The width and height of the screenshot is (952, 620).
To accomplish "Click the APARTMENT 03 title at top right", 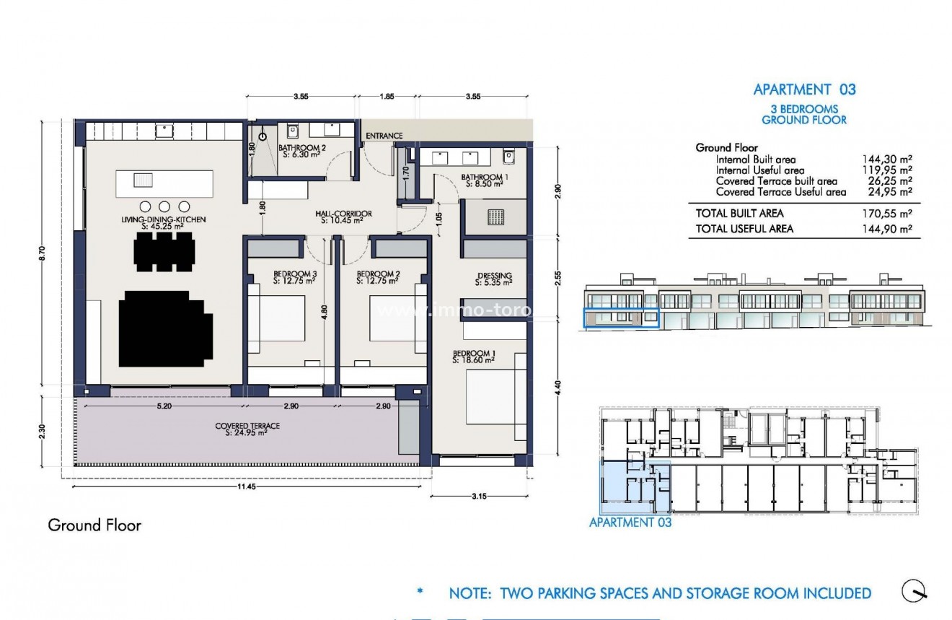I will click(804, 89).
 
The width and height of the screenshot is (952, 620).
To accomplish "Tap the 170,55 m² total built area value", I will click(887, 214).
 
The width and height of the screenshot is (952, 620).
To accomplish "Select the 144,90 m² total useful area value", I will click(887, 229).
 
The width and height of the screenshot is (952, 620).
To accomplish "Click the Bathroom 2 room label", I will click(301, 150).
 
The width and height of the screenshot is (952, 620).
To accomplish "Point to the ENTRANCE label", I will click(384, 136).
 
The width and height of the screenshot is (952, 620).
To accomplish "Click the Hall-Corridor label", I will click(343, 216).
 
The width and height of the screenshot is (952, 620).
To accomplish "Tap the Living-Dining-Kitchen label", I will click(164, 222).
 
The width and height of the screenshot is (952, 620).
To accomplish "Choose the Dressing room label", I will click(494, 278).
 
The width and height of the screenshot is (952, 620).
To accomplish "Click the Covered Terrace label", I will click(247, 429).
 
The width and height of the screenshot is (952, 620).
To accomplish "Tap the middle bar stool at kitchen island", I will click(164, 206).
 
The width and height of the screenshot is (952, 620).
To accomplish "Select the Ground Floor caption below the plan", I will click(94, 525).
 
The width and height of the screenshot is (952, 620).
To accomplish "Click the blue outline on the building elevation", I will click(620, 318).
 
